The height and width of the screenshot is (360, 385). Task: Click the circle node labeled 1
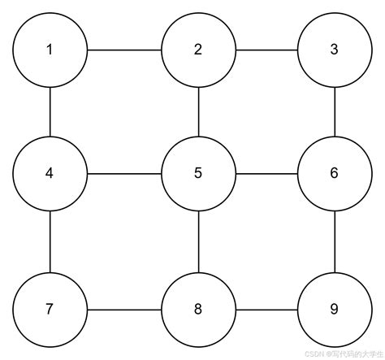coord(50,50)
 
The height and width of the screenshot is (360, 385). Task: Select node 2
coord(198,50)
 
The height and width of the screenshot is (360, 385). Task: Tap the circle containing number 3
coord(335,50)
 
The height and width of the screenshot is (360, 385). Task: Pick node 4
coord(50,173)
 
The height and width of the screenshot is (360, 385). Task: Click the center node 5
coord(198,173)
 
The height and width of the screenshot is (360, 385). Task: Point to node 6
coord(335,173)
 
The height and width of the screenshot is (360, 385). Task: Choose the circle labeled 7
coord(50,309)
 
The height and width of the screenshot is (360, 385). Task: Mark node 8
coord(198,309)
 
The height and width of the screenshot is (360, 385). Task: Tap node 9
coord(335,309)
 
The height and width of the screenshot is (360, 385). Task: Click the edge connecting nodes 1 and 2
coord(124,50)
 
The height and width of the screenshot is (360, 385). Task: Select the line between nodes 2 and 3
coord(266,50)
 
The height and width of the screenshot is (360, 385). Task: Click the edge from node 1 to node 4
coord(50,111)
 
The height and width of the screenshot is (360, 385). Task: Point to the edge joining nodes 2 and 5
coord(198,111)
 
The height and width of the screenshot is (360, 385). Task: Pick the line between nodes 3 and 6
coord(335,111)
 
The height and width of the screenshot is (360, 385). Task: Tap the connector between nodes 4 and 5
coord(124,173)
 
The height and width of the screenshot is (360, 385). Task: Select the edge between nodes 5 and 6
coord(266,173)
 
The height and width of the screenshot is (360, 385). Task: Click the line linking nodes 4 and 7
coord(50,241)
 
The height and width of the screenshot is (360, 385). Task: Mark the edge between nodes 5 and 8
coord(198,241)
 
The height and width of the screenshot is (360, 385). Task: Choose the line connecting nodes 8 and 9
coord(266,309)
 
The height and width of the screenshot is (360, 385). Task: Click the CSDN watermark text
coord(342,354)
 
